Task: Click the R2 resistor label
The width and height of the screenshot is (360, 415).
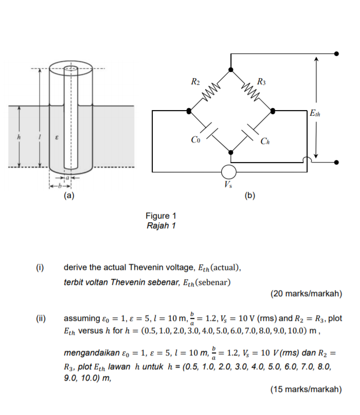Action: point(195,81)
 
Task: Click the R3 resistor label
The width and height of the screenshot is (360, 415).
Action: point(261,81)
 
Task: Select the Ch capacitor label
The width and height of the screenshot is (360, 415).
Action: point(264,141)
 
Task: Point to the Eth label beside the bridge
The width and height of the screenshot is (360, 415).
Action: point(315,113)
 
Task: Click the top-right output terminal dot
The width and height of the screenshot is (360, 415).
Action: point(337,53)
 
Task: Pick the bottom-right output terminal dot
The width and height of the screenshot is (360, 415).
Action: point(337,163)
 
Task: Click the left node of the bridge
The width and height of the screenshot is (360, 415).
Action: point(189,111)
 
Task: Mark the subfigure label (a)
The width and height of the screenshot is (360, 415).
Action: point(69,195)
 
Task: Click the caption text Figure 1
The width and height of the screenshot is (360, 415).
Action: point(160,216)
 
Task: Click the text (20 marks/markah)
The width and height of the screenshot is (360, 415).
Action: point(305,294)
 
